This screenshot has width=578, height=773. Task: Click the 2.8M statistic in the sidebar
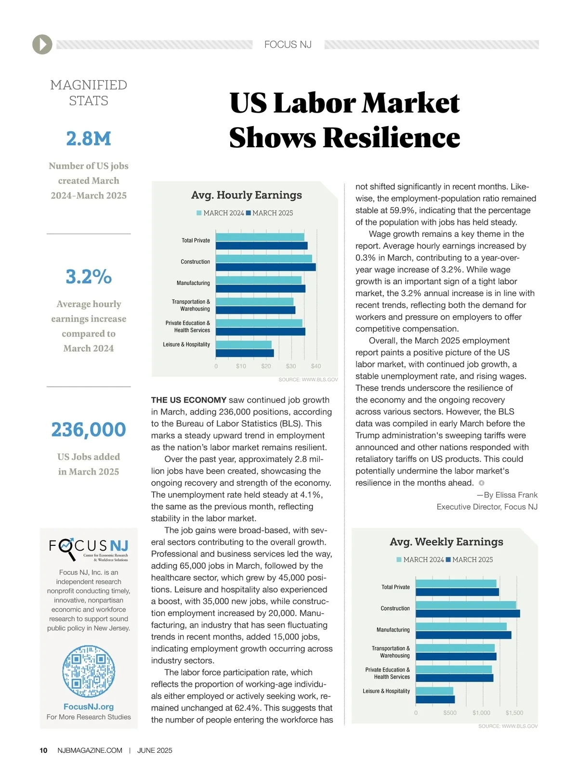89,139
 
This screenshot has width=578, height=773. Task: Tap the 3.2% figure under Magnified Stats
89,277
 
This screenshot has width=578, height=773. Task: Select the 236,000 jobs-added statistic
89,429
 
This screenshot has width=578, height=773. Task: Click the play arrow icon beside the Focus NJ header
42,44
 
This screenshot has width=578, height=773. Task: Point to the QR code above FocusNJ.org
89,671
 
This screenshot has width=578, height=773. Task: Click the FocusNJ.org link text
89,707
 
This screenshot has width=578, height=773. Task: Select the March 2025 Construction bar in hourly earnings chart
265,267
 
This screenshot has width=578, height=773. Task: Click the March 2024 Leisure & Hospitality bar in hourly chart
244,345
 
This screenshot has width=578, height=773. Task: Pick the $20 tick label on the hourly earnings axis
266,366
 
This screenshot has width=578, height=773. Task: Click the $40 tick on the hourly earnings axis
316,366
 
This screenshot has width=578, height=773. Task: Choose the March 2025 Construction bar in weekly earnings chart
468,614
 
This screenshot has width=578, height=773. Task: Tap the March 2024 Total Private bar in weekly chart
456,583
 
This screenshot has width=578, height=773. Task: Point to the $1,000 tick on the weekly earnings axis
481,713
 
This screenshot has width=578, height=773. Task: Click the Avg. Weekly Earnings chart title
447,542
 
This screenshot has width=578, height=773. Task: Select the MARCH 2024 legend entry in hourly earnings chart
221,213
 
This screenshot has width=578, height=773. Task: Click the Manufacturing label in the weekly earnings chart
393,630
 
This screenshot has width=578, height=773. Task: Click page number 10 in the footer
43,750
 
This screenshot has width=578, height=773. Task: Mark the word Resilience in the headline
392,138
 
